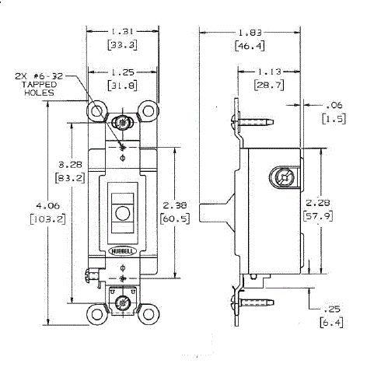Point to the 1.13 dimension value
pos(272,67)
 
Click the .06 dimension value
pos(336,106)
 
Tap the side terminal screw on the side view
pos(285,177)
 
